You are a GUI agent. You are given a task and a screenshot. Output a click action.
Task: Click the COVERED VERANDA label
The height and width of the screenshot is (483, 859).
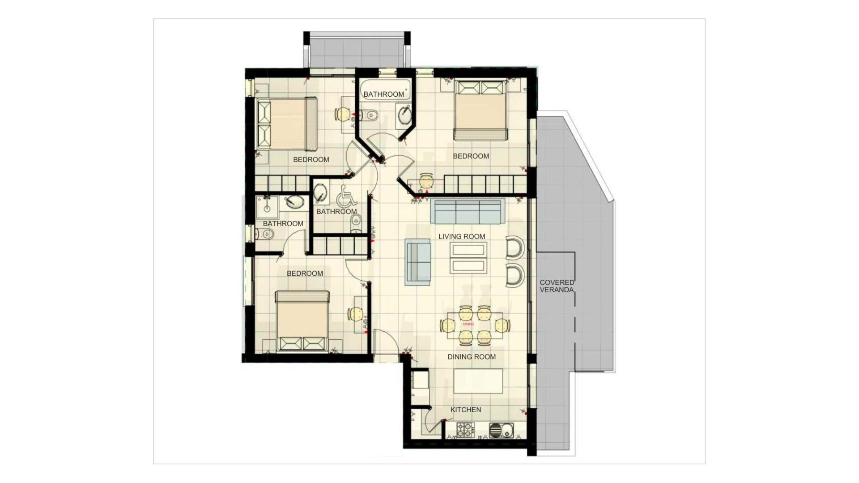[x=557, y=286]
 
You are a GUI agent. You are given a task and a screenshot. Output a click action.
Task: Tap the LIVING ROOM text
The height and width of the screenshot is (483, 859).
[x=462, y=236]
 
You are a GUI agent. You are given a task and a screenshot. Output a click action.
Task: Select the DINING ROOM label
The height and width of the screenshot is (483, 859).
[x=472, y=357]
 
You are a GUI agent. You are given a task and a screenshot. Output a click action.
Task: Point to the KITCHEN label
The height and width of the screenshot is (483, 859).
[x=466, y=410]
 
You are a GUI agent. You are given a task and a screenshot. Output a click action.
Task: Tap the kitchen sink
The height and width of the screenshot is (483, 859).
[x=502, y=431]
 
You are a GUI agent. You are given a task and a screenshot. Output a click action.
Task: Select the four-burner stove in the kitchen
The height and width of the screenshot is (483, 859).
[x=465, y=430]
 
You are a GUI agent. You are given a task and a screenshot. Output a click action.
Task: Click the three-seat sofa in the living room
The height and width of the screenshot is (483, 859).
[x=468, y=211]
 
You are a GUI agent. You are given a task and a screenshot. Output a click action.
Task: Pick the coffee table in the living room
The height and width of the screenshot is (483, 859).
[x=468, y=258]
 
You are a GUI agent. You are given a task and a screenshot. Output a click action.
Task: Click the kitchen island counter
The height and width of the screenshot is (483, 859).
[x=478, y=380]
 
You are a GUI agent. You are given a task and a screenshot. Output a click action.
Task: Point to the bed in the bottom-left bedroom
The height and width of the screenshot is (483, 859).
[x=302, y=321]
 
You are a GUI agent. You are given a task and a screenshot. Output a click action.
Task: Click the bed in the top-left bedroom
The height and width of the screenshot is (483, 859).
[x=287, y=124]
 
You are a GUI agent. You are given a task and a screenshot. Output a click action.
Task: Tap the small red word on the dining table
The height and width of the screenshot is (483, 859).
[x=468, y=324]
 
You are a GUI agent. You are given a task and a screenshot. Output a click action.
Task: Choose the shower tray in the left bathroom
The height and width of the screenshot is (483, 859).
[x=267, y=207]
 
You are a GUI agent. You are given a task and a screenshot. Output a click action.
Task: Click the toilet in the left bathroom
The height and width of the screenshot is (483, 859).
[x=267, y=234]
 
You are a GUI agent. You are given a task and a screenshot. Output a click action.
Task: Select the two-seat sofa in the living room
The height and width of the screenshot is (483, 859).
[x=418, y=262]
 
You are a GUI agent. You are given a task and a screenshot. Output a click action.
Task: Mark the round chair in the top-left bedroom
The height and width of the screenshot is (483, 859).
[x=342, y=115]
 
